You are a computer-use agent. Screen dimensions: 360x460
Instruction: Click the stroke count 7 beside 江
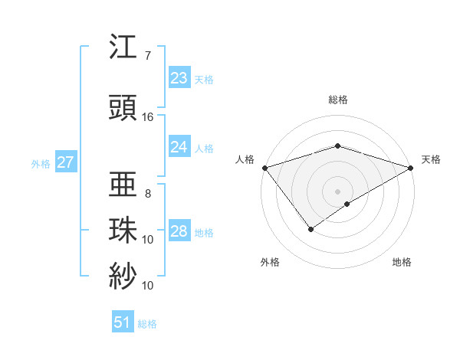tap(148, 56)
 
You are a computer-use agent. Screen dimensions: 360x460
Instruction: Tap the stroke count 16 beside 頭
tap(148, 117)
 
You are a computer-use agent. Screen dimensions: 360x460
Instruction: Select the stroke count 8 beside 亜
tap(148, 193)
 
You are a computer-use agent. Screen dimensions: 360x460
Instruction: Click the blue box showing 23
tap(179, 78)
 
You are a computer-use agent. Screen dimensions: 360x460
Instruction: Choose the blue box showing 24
tap(179, 146)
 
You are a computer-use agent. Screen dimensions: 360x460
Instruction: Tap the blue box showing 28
tap(179, 231)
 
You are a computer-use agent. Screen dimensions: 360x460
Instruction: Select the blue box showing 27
tap(65, 162)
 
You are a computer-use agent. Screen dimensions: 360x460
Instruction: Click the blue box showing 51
tap(123, 322)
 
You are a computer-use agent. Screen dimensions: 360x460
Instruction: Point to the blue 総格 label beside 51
tap(147, 324)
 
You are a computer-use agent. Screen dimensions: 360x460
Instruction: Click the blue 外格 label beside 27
tap(41, 163)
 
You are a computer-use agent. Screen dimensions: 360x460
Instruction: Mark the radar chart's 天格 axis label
tap(432, 159)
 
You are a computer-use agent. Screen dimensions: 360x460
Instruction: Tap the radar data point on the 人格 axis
tap(264, 168)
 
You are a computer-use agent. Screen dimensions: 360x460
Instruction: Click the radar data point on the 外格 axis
tap(310, 228)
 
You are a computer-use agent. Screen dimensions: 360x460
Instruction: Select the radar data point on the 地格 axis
tap(347, 204)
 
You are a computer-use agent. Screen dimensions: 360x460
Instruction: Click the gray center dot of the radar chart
tap(337, 191)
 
